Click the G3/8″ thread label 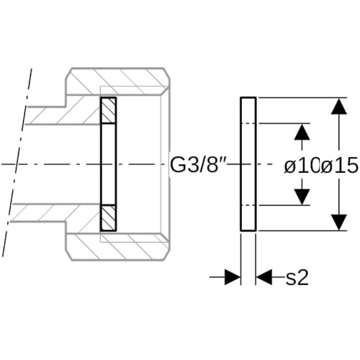[x=198, y=165]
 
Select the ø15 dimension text [x=339, y=166]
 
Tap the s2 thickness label [x=297, y=279]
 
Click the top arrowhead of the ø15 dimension [x=339, y=106]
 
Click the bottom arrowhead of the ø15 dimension [x=339, y=222]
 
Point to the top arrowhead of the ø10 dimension [x=302, y=132]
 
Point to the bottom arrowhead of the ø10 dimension [x=302, y=197]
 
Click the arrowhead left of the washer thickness [x=233, y=277]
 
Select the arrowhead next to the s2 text [x=264, y=277]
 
